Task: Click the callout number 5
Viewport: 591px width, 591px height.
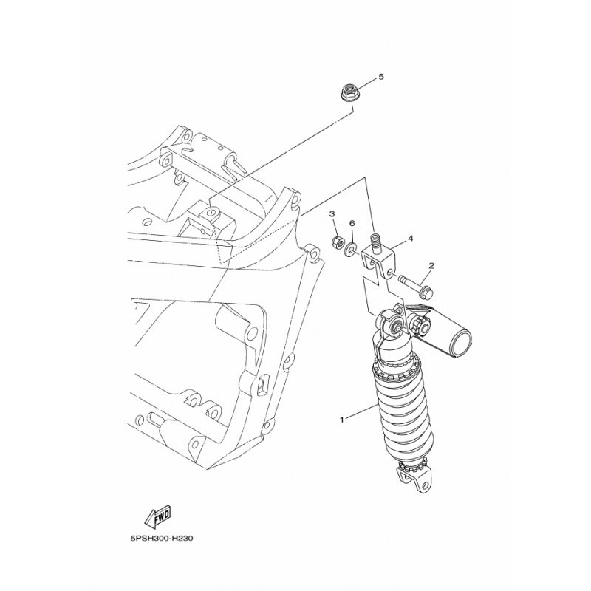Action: [381, 77]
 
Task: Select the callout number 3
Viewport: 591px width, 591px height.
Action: [332, 214]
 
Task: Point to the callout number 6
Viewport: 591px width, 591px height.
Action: [352, 224]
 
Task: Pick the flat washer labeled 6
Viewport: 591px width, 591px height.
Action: [350, 250]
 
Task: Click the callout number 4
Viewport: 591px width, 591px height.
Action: [411, 239]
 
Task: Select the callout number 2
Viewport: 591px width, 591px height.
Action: [431, 266]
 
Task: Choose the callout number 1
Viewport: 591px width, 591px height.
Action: [342, 420]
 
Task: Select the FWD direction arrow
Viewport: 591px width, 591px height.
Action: [158, 516]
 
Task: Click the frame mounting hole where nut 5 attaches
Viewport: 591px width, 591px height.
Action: [211, 214]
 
